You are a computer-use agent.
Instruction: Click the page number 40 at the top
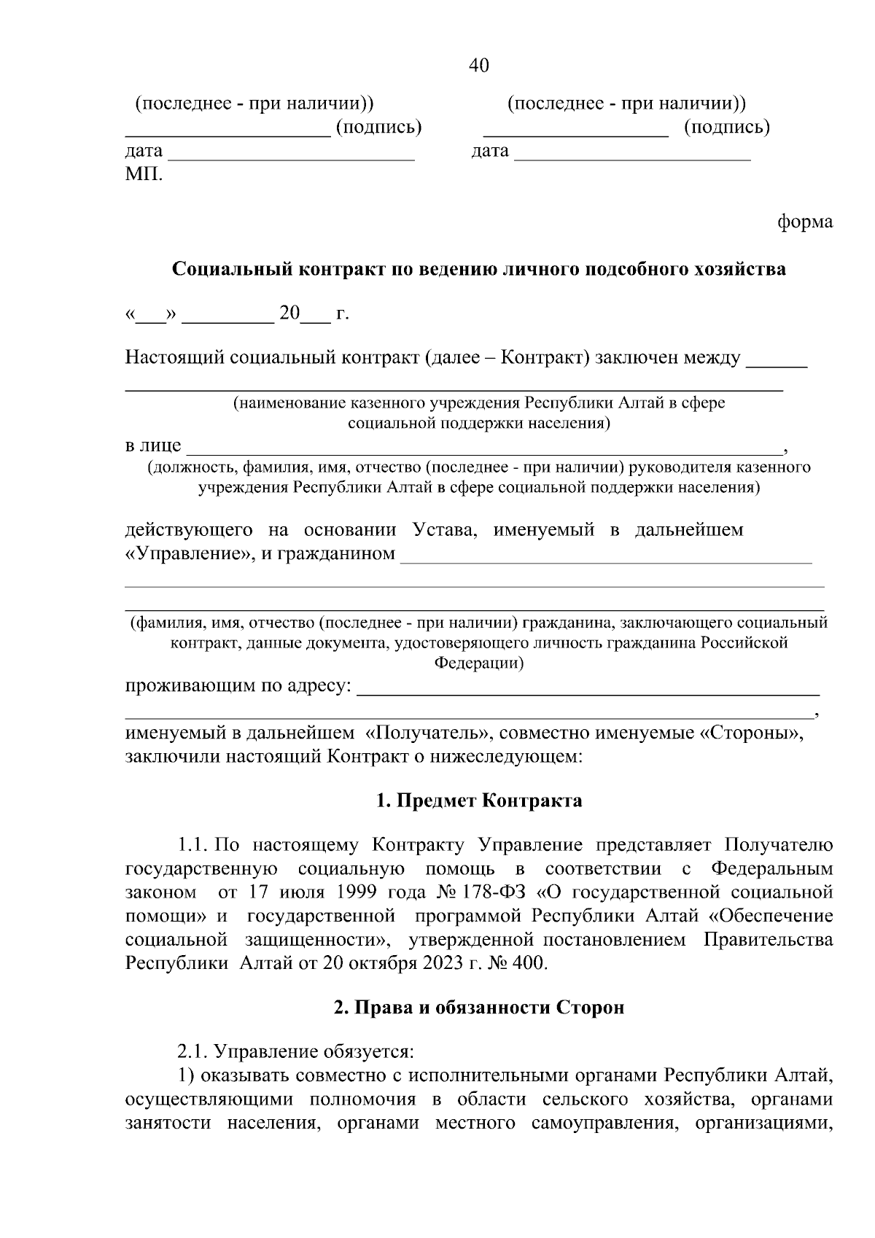pos(478,66)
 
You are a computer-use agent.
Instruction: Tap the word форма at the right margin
pos(805,222)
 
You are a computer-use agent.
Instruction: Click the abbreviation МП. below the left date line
pos(144,176)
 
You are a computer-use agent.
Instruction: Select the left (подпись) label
pos(378,128)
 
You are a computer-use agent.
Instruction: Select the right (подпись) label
pos(727,128)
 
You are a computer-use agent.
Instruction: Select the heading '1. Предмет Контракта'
pos(479,801)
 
